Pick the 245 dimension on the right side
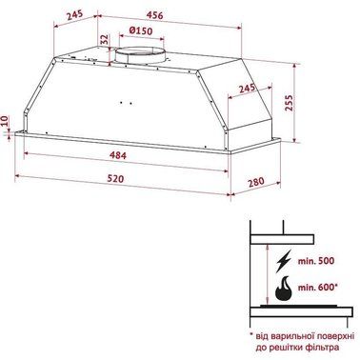(x=246, y=90)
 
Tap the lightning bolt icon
(x=284, y=260)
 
